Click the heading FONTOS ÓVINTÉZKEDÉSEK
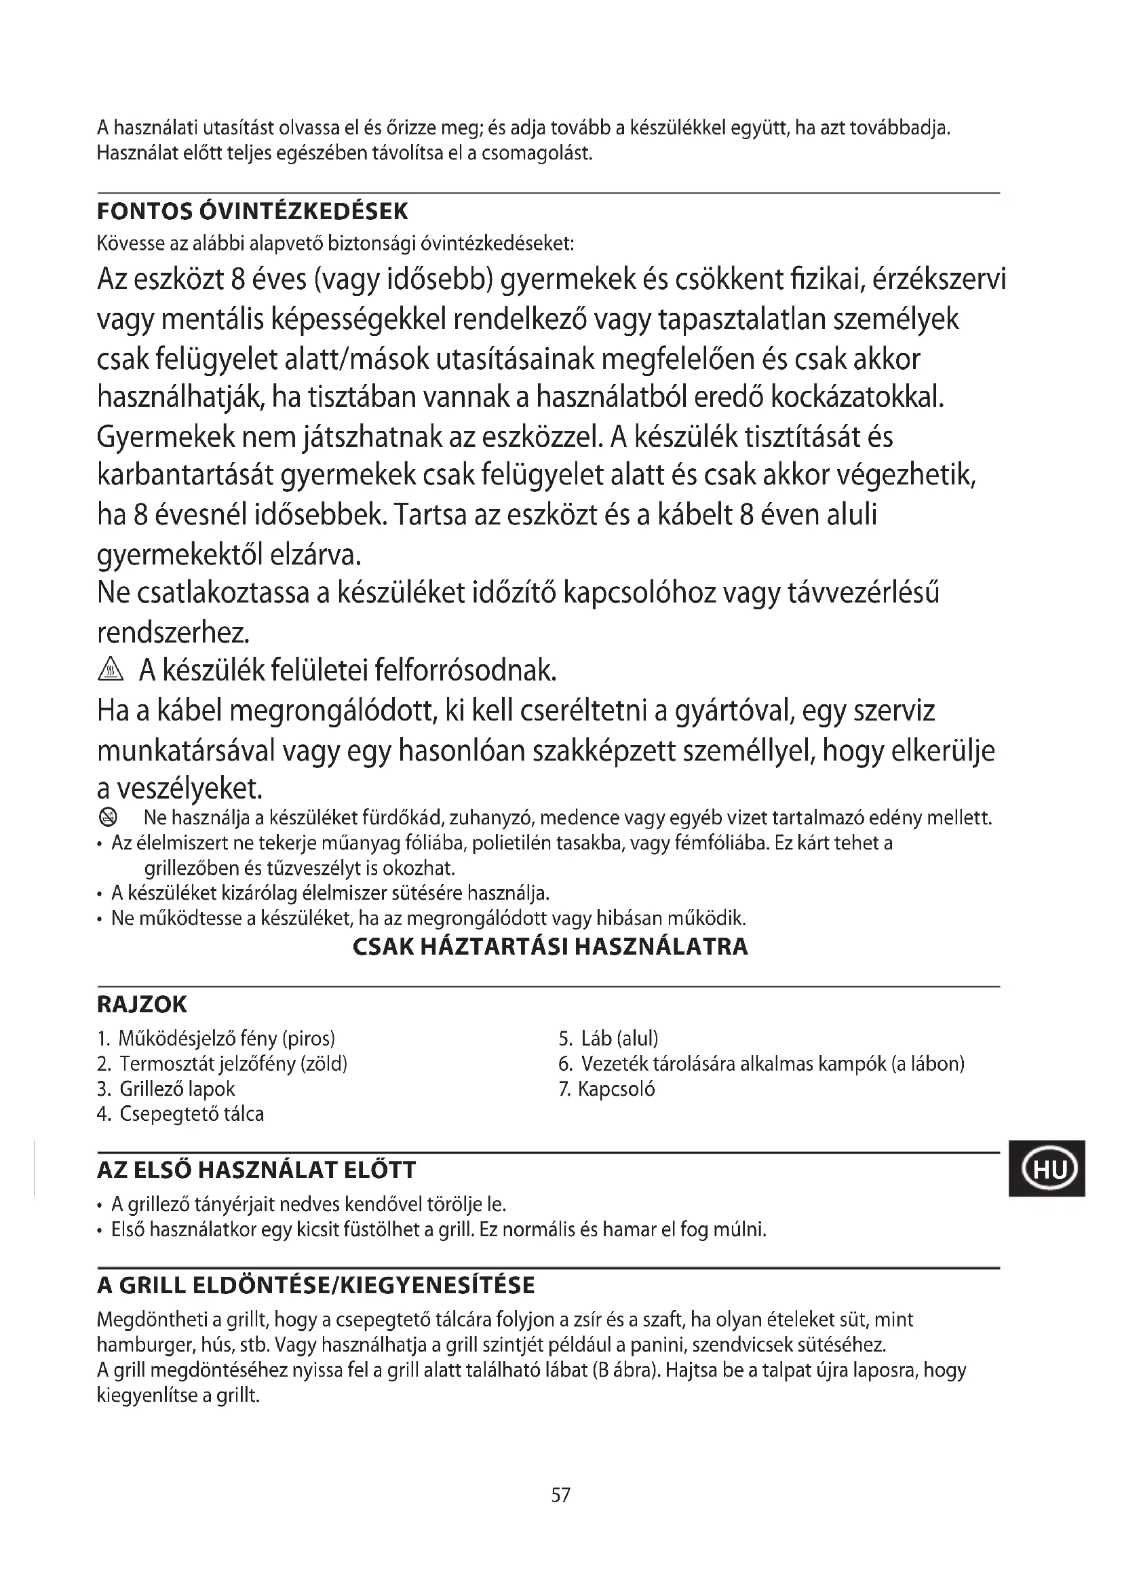(x=252, y=211)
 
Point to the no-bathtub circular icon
(x=109, y=818)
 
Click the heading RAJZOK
(x=142, y=1004)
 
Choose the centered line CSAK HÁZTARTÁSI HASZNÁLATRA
(x=550, y=947)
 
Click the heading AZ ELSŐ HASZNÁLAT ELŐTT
(x=256, y=1170)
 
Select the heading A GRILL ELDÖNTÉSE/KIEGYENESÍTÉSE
(x=315, y=1285)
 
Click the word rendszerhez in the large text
(x=173, y=632)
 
